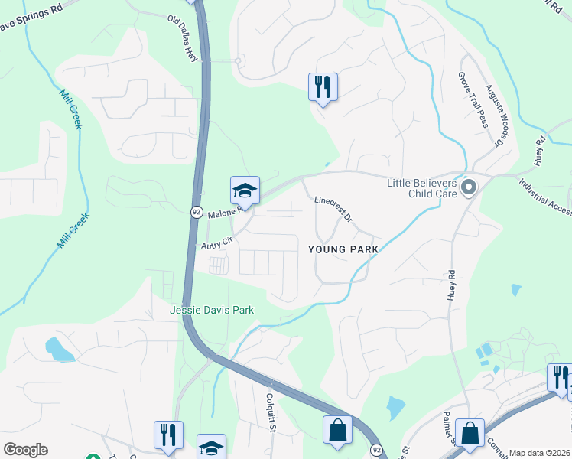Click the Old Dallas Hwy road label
pyautogui.click(x=187, y=38)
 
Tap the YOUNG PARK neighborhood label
pyautogui.click(x=343, y=249)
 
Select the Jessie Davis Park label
pyautogui.click(x=212, y=310)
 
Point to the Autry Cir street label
pyautogui.click(x=216, y=245)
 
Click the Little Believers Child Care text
pyautogui.click(x=421, y=188)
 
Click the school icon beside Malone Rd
pyautogui.click(x=245, y=190)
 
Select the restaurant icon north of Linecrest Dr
pyautogui.click(x=323, y=86)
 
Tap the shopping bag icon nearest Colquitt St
pyautogui.click(x=337, y=430)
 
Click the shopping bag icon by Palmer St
pyautogui.click(x=470, y=432)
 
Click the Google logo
pyautogui.click(x=24, y=450)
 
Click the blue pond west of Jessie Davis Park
pyautogui.click(x=58, y=349)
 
